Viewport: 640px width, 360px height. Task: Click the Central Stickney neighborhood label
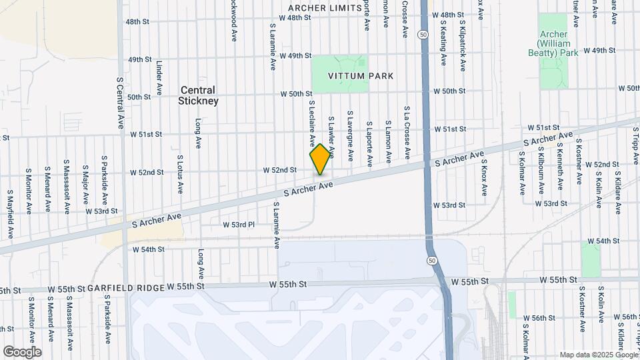click(198, 95)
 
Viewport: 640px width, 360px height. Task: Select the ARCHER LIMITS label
click(325, 8)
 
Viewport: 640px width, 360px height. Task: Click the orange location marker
click(321, 159)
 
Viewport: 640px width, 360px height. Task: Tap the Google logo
click(22, 352)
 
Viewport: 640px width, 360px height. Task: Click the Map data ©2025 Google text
click(598, 355)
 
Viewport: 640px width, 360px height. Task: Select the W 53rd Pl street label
click(239, 225)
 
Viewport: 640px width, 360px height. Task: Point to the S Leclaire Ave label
click(311, 123)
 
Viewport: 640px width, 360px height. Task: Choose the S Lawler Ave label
click(331, 137)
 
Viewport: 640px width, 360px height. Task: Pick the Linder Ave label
click(159, 79)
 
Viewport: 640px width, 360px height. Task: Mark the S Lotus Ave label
click(180, 173)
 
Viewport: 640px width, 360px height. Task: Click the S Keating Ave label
click(443, 42)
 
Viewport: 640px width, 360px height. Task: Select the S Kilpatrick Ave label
click(462, 45)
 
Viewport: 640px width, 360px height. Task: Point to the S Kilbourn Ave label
click(541, 173)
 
